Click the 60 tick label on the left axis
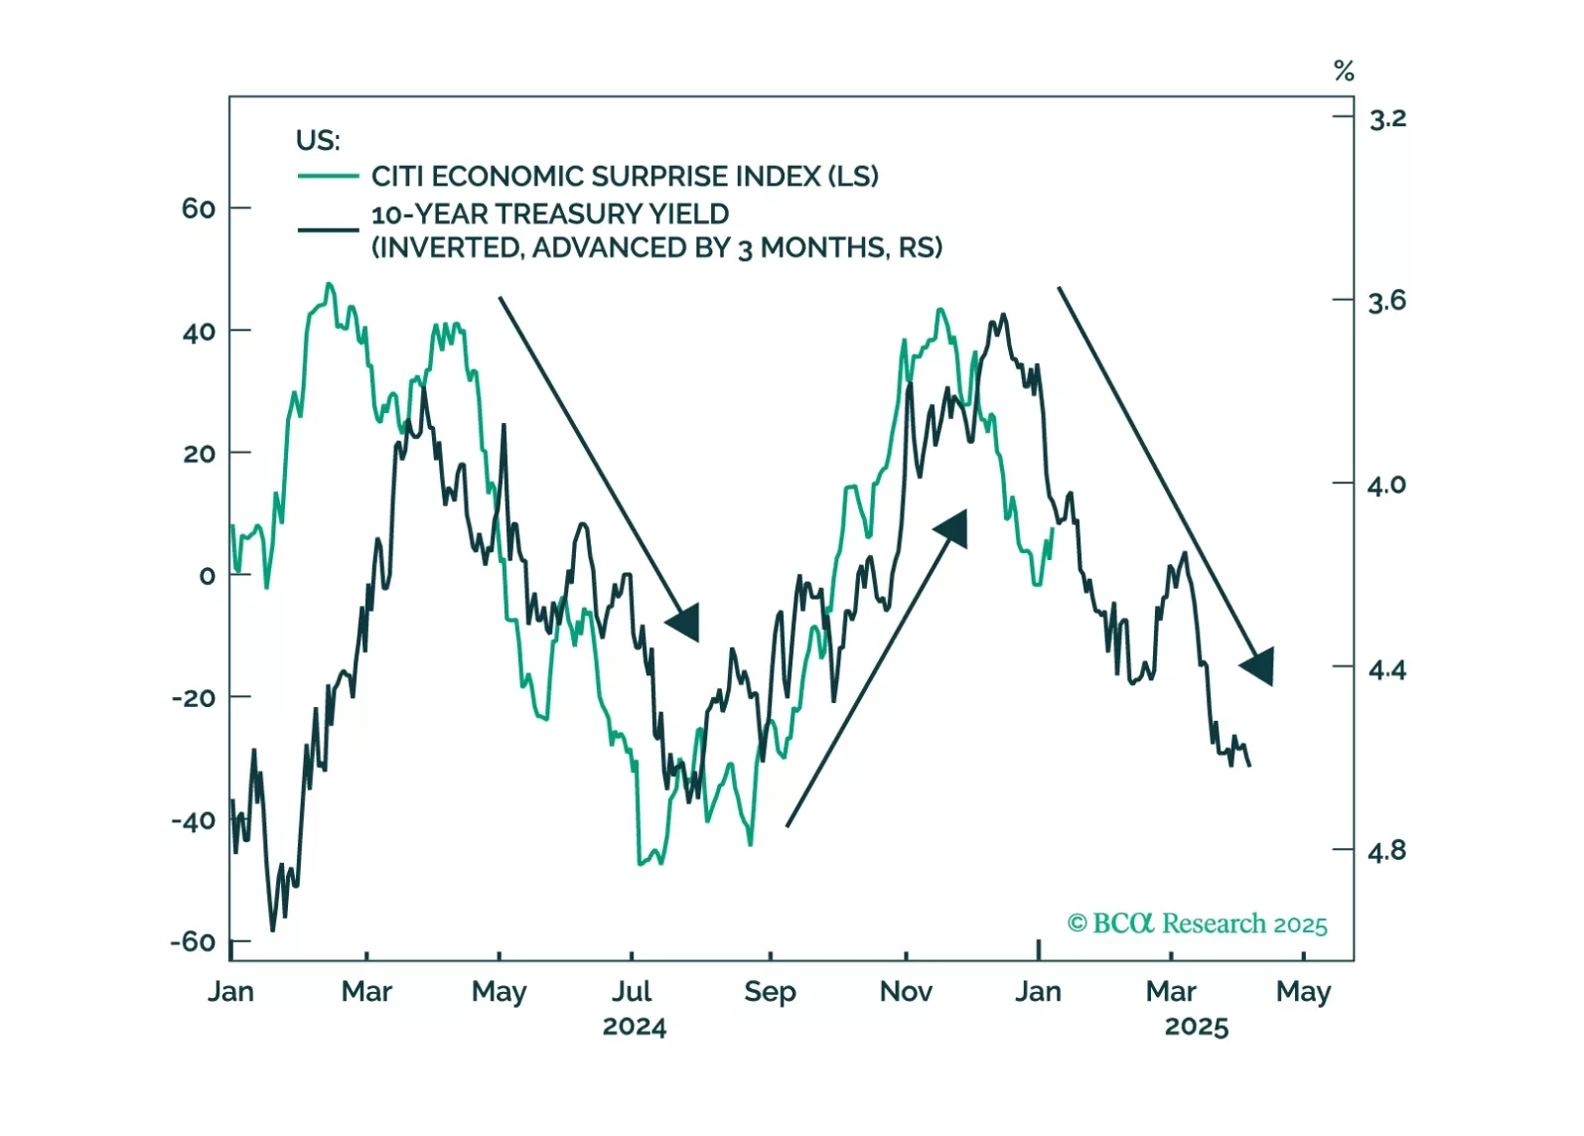tap(198, 209)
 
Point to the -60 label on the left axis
tap(193, 941)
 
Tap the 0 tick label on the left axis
tap(207, 576)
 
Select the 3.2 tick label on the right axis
tap(1387, 119)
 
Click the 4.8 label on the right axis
tap(1387, 851)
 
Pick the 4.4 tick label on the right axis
tap(1387, 670)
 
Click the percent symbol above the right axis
tap(1344, 71)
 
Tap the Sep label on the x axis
tap(770, 992)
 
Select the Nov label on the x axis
tap(906, 992)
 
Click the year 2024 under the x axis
tap(634, 1027)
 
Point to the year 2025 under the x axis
tap(1196, 1027)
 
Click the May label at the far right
tap(1303, 992)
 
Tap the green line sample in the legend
tap(328, 177)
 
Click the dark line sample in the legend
tap(328, 230)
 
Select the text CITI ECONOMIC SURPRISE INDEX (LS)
tap(625, 177)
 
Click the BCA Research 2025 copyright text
tap(1197, 924)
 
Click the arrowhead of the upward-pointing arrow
tap(954, 527)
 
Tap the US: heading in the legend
tap(318, 141)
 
